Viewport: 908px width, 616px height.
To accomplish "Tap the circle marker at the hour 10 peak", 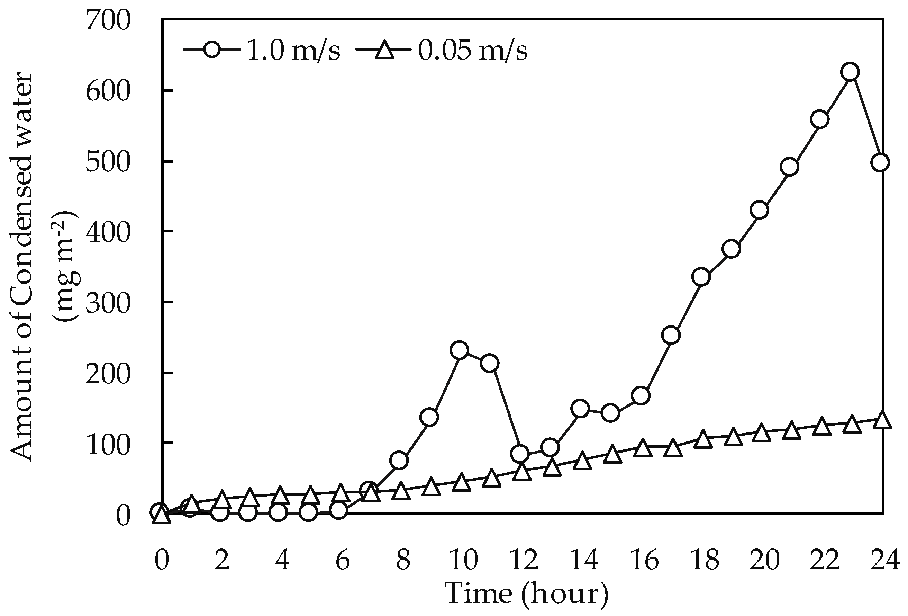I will [459, 350].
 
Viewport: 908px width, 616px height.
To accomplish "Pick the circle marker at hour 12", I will [520, 453].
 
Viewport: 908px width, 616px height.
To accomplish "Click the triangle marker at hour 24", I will [880, 421].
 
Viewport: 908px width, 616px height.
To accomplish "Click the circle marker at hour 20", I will [760, 210].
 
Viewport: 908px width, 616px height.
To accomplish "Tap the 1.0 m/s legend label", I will [293, 51].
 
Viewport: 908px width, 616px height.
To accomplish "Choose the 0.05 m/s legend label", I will [473, 51].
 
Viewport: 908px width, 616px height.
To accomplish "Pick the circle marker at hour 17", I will [671, 335].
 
